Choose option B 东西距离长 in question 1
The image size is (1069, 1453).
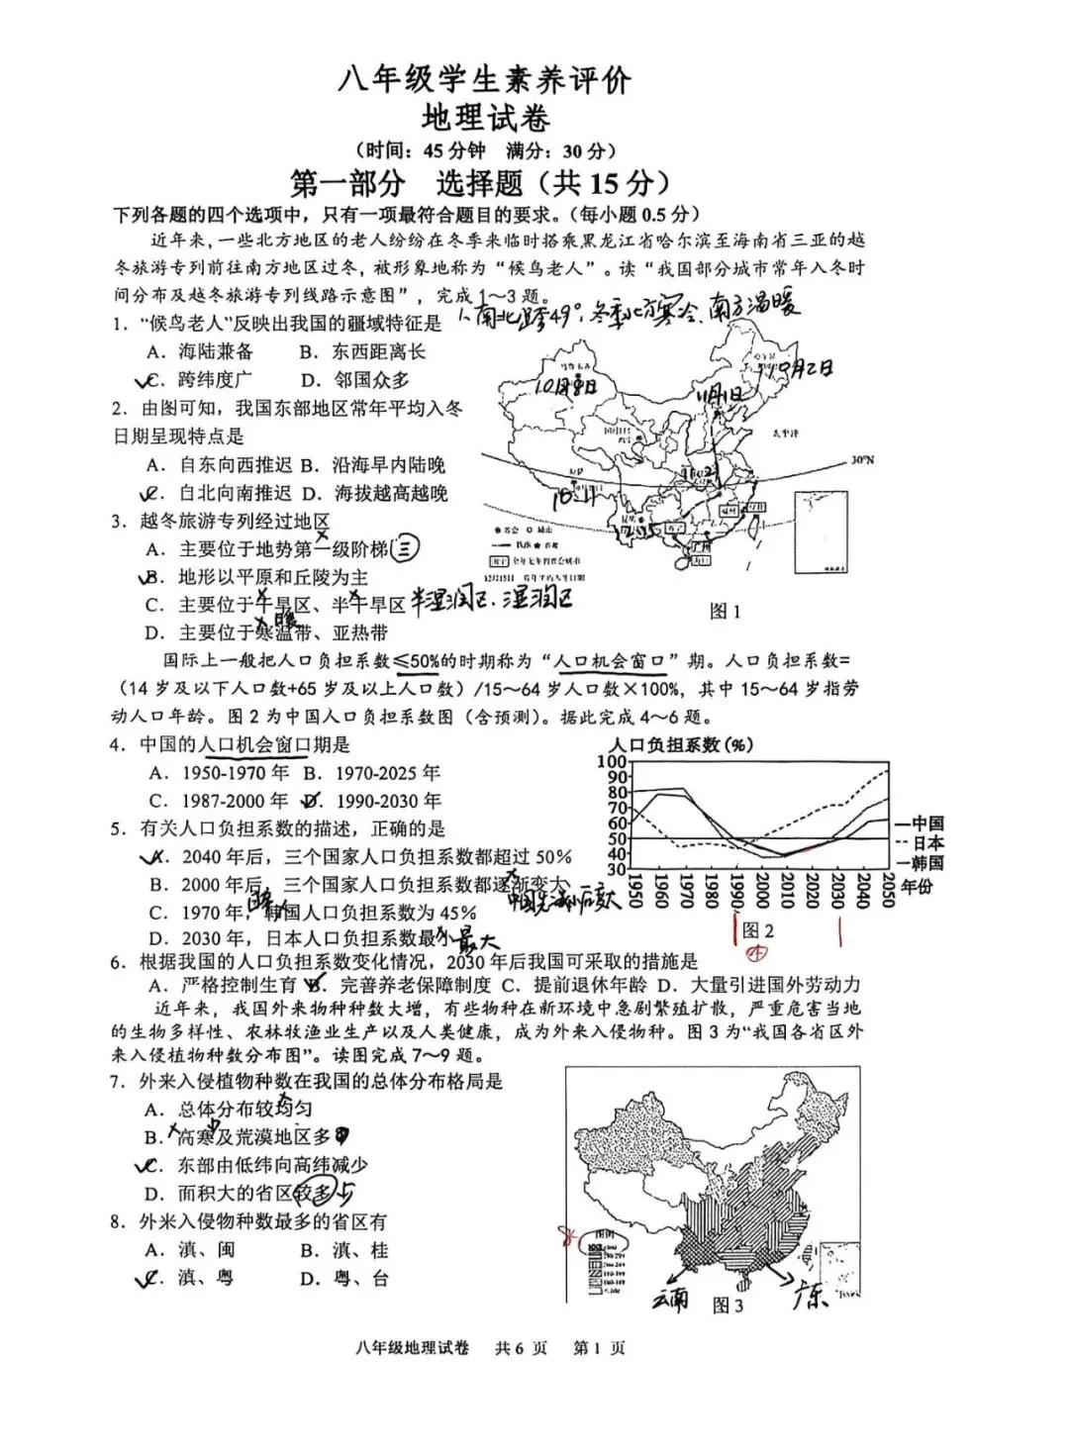tap(363, 351)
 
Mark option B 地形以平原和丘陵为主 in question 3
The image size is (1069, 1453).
tap(272, 577)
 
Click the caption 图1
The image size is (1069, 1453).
tap(725, 611)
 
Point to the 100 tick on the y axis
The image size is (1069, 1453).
tap(614, 760)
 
